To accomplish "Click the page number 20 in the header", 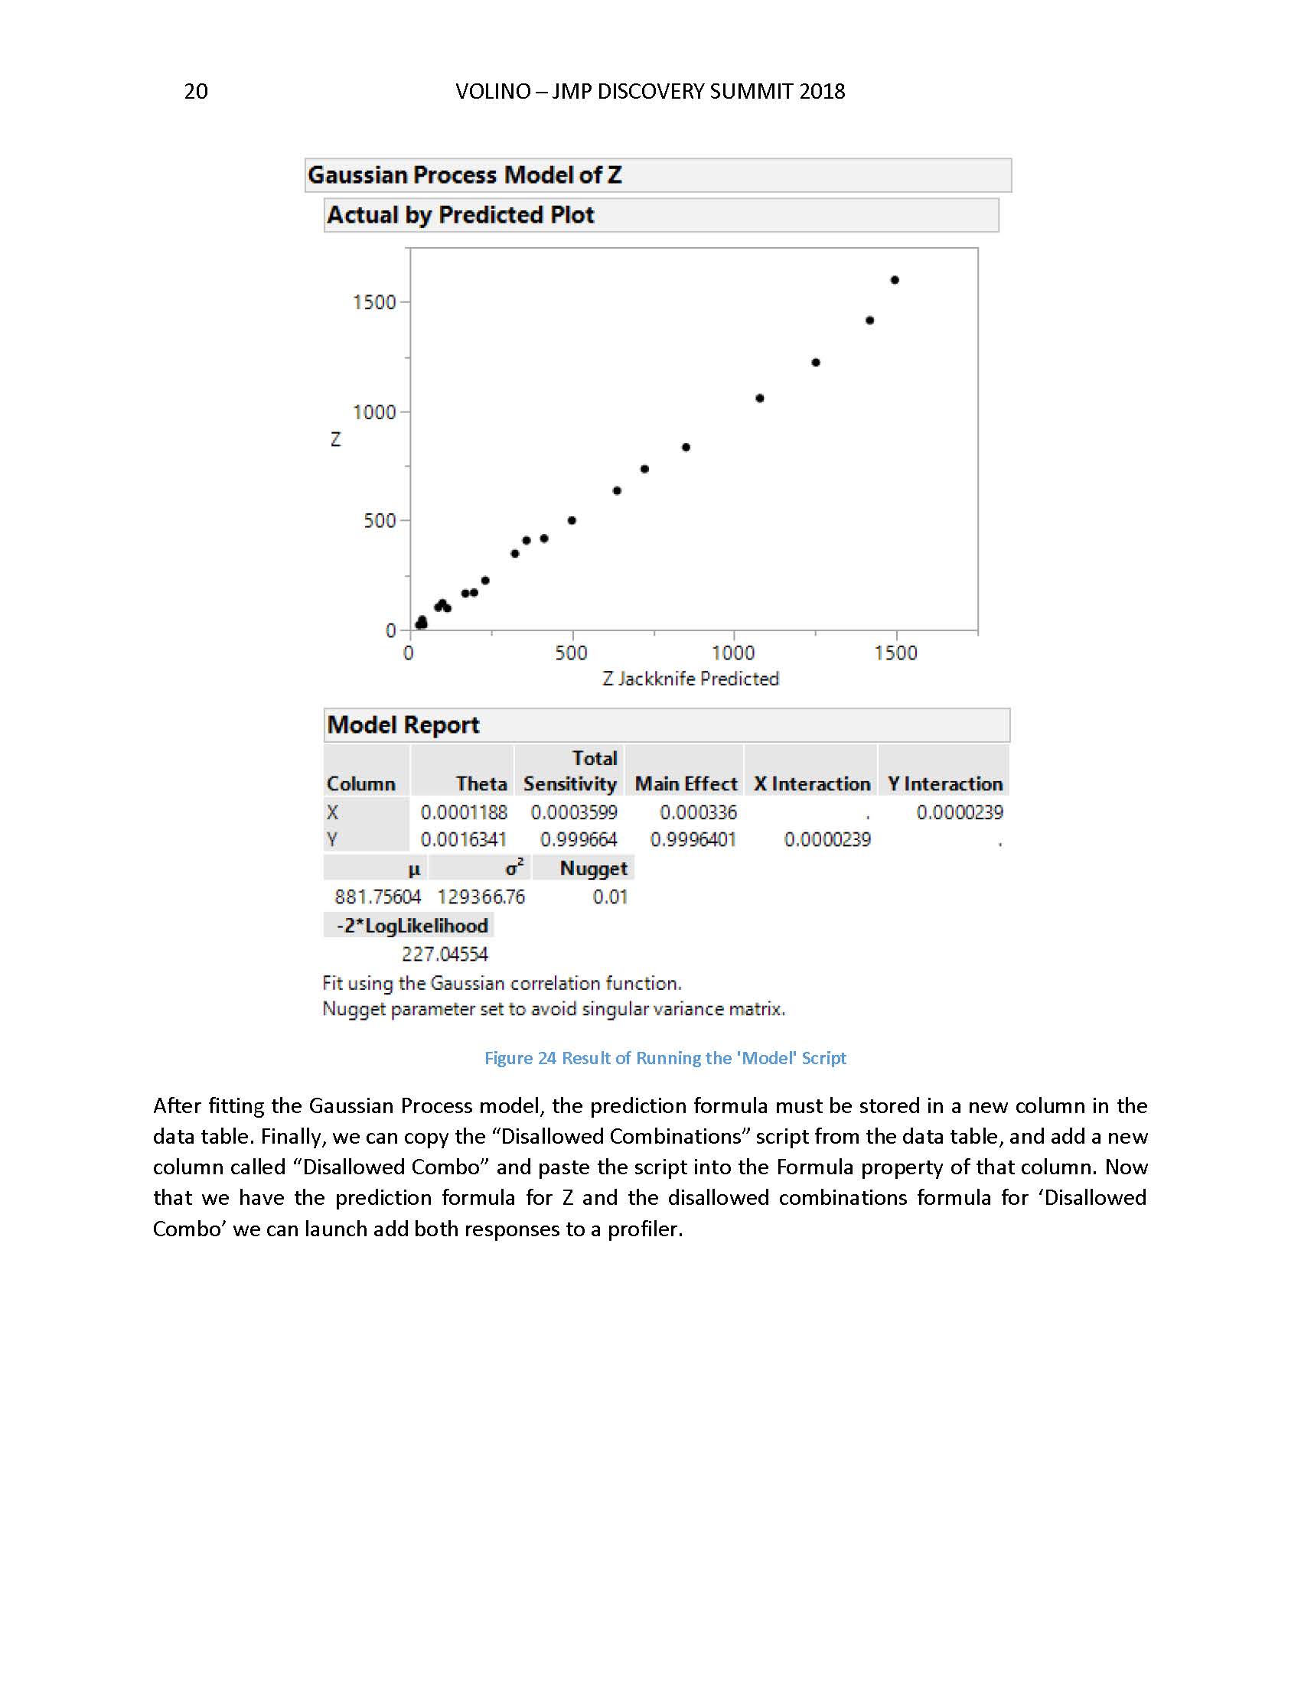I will (196, 92).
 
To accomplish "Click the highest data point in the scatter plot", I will (895, 280).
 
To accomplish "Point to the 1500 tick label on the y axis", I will (373, 302).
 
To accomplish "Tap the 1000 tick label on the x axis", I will (733, 653).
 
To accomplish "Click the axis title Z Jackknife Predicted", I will (690, 679).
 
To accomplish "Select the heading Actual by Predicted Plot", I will (460, 215).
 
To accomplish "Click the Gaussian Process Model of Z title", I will (465, 175).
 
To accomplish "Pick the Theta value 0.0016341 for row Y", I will (463, 839).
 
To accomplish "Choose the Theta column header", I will (481, 783).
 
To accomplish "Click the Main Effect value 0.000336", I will (698, 812).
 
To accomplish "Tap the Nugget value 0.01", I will (610, 897).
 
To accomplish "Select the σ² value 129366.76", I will (481, 897).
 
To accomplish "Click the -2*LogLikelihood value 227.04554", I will (445, 954).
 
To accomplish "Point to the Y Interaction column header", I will (945, 783).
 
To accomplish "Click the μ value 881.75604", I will (377, 897).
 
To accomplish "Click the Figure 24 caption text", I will (665, 1058).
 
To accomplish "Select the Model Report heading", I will (403, 725).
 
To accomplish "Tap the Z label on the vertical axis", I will (335, 439).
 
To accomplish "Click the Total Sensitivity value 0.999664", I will (578, 839).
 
